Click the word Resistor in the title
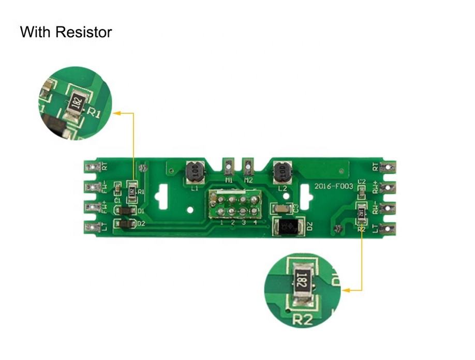tap(84, 32)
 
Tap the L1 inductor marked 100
tap(194, 172)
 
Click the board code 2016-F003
tap(333, 186)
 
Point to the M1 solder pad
tap(228, 167)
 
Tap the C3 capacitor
tap(283, 208)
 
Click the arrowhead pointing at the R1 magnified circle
tap(117, 112)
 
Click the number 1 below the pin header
tap(221, 223)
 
